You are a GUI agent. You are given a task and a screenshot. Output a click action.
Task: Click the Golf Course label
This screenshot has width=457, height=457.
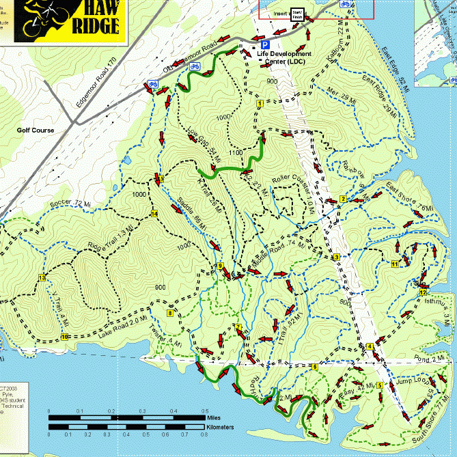[36, 129]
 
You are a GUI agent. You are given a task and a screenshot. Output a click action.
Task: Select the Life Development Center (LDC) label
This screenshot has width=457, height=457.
[284, 57]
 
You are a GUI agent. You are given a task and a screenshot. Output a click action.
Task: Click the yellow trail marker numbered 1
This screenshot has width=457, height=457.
[260, 102]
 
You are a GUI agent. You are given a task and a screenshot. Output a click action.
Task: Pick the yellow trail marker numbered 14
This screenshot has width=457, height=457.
[154, 214]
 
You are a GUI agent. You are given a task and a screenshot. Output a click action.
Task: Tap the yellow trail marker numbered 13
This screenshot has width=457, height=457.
[42, 278]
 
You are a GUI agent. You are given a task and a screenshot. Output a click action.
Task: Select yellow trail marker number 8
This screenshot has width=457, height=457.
[169, 314]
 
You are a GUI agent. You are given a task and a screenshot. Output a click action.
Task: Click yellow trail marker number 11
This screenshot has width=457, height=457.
[395, 264]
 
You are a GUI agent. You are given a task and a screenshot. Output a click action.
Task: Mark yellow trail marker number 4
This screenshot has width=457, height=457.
[370, 347]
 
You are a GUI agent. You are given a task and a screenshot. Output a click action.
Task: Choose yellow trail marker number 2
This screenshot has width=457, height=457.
[343, 199]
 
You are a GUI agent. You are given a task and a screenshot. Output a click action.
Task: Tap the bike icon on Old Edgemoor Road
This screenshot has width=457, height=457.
[194, 66]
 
